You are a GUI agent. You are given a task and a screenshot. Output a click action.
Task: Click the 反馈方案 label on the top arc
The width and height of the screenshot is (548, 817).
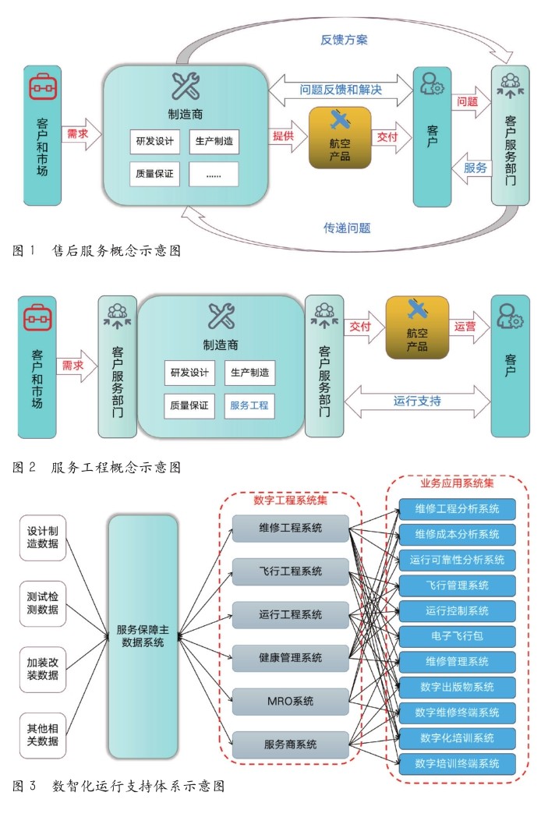(346, 40)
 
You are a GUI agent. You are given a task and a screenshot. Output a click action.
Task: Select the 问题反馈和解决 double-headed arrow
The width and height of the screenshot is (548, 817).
(341, 90)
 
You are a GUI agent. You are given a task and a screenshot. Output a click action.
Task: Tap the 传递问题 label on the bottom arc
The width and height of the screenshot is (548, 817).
(347, 228)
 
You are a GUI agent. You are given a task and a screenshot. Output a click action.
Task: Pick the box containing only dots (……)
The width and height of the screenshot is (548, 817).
(214, 175)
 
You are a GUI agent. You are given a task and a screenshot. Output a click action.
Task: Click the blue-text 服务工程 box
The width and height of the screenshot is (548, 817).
(249, 405)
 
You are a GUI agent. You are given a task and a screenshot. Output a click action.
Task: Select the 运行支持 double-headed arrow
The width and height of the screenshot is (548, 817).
(417, 401)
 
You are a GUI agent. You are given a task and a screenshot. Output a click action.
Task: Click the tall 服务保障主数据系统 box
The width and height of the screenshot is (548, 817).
(143, 636)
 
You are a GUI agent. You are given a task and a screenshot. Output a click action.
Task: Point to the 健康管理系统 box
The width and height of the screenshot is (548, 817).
(290, 658)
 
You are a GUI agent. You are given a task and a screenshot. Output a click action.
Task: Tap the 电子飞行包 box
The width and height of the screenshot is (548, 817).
(457, 635)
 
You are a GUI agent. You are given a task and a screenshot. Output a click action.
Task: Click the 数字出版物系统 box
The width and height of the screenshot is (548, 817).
(457, 687)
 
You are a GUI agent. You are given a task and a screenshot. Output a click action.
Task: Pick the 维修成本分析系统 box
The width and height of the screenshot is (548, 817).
(457, 534)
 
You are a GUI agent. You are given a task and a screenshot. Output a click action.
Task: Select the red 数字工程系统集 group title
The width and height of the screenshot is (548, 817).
(291, 500)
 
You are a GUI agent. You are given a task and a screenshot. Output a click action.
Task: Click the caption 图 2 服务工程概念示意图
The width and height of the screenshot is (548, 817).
(97, 467)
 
